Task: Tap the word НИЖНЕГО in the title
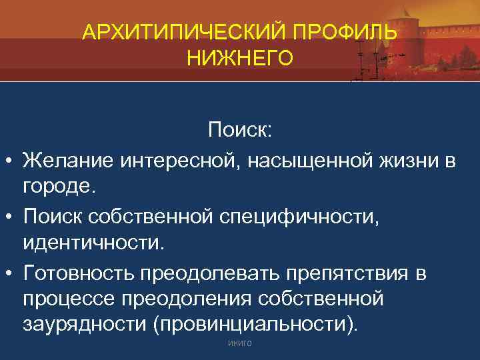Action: click(239, 59)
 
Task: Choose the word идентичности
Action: click(93, 242)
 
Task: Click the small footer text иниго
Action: click(239, 344)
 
